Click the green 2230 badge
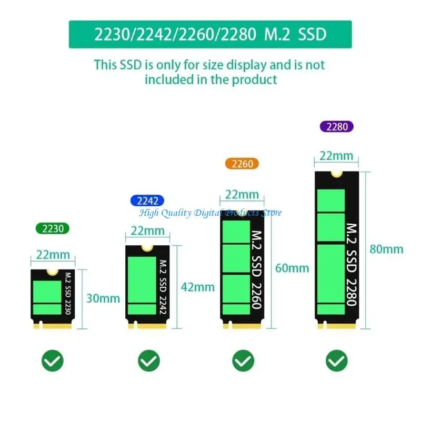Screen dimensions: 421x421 tap(53, 228)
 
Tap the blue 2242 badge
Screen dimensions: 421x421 tap(147, 201)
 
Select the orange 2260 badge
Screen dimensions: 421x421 tap(242, 164)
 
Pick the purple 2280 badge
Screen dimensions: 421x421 tap(337, 126)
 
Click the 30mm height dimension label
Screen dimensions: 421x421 tap(103, 298)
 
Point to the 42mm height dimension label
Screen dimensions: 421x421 tap(198, 287)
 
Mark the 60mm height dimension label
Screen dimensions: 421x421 tap(292, 268)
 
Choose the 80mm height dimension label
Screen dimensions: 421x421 tap(386, 249)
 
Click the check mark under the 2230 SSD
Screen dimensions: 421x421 tap(53, 360)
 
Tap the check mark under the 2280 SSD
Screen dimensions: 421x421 tap(337, 360)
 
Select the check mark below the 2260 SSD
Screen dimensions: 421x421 tap(243, 360)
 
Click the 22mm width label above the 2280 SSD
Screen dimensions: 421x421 tap(337, 156)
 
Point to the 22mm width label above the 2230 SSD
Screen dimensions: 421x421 tap(53, 255)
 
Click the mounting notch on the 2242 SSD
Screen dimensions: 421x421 tap(148, 248)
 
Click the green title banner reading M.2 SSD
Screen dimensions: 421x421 tap(210, 35)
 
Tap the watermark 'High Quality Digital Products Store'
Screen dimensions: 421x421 tap(210, 213)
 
